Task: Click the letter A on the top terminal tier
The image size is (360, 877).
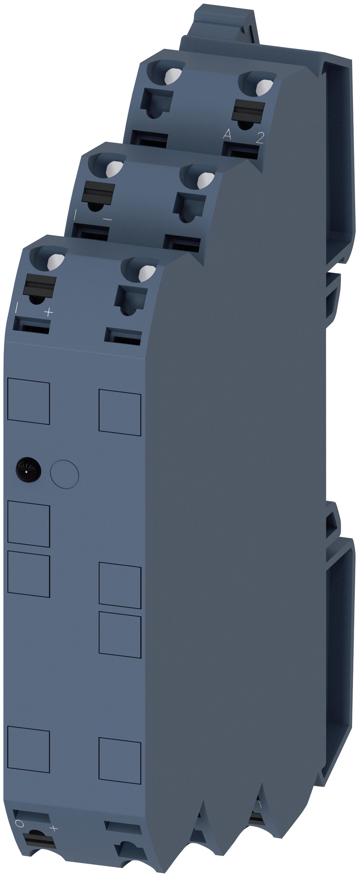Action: (x=227, y=135)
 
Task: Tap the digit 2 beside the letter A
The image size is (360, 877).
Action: (x=260, y=138)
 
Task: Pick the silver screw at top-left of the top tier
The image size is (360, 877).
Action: (x=173, y=76)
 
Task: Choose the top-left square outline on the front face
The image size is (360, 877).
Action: (x=28, y=403)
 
